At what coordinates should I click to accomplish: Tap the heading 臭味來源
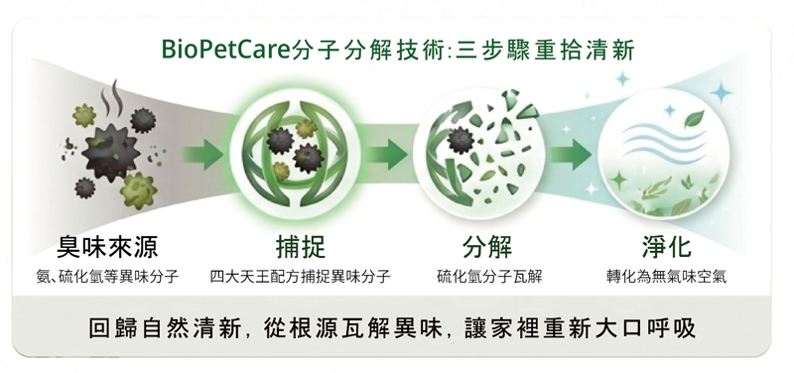[x=107, y=247]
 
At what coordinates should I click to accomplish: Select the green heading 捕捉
[x=301, y=247]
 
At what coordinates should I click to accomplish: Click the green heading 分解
[x=487, y=247]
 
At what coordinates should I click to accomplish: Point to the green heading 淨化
[x=666, y=247]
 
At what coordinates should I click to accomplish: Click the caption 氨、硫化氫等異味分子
[x=107, y=277]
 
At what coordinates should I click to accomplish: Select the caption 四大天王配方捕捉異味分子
[x=301, y=277]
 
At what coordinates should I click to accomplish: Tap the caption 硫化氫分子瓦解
[x=489, y=277]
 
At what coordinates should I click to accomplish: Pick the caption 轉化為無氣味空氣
[x=666, y=277]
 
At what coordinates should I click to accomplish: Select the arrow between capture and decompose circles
[x=387, y=155]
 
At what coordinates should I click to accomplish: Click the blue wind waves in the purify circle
[x=663, y=139]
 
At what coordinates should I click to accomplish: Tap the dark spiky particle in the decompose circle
[x=461, y=140]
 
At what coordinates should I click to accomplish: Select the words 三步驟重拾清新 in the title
[x=545, y=50]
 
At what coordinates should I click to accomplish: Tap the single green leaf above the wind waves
[x=694, y=119]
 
